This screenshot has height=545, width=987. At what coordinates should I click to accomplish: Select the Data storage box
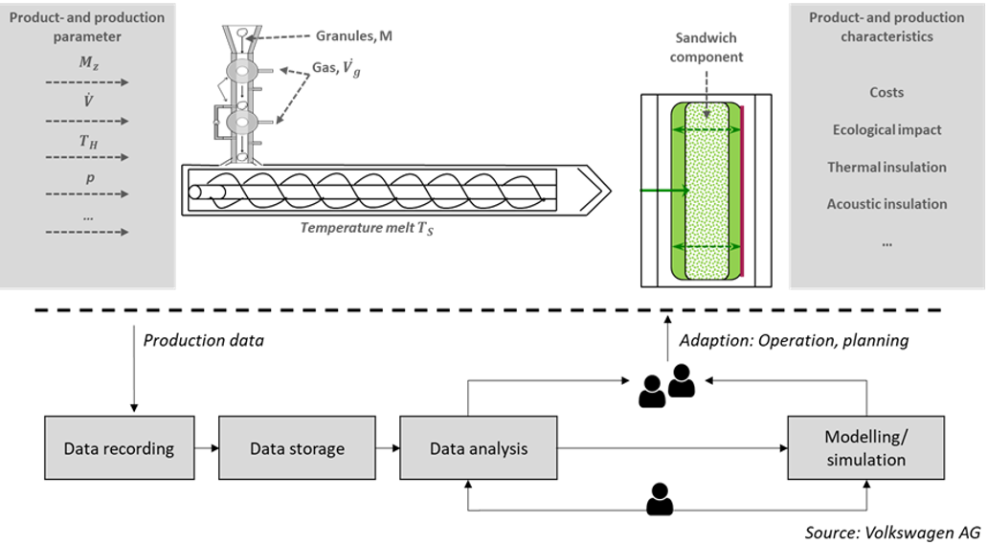pos(297,448)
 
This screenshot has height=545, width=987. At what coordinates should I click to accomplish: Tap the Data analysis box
pos(478,448)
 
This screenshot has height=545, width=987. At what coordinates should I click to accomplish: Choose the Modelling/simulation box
pos(865,448)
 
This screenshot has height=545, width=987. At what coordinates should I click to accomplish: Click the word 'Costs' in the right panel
pos(886,93)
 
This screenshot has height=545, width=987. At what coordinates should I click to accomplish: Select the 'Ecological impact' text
pos(886,129)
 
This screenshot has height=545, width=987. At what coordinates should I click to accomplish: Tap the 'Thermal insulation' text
pos(886,167)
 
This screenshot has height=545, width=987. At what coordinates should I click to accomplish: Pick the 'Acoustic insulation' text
pos(886,203)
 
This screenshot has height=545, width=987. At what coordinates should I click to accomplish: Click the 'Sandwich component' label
pos(707,49)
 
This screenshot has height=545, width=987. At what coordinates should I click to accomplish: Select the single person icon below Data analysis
pos(660,498)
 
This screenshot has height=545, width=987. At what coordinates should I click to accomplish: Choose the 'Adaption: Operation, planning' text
pos(794,341)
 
